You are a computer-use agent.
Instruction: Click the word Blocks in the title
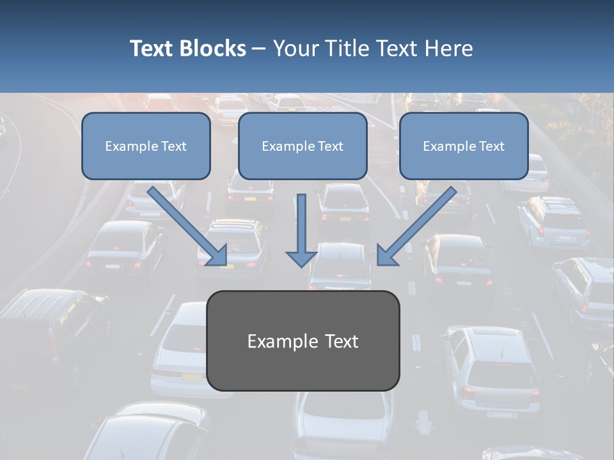(212, 49)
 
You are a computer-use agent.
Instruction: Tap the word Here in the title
(447, 49)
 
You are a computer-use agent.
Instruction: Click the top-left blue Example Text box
(146, 146)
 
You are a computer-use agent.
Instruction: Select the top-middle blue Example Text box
(303, 146)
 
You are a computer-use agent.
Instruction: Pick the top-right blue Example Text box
(464, 146)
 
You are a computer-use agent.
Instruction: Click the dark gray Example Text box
(303, 341)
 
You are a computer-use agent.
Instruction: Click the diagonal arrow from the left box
(185, 224)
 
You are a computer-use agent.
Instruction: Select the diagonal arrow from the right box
(419, 224)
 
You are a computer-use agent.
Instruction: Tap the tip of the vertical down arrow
(301, 265)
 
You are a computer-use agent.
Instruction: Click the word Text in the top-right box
(492, 146)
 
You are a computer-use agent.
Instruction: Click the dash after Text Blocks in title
(259, 49)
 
